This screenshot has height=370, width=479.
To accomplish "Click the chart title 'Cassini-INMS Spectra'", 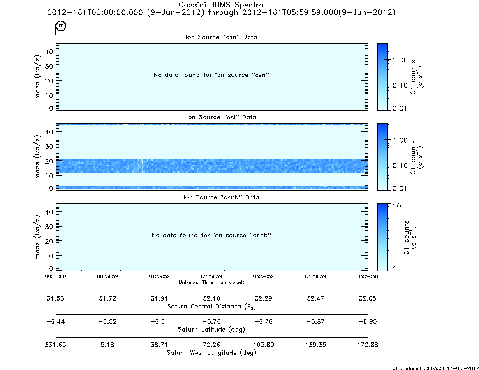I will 221,5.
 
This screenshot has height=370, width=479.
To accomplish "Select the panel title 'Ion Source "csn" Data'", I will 221,37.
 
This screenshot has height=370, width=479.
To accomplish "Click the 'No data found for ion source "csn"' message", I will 212,75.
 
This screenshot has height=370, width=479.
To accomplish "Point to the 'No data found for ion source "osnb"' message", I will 212,235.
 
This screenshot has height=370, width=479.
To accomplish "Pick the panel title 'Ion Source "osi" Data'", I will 221,117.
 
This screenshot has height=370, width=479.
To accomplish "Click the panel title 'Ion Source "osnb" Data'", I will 221,197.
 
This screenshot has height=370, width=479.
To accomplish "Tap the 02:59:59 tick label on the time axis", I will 211,276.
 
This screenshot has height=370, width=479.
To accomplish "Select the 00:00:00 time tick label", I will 56,276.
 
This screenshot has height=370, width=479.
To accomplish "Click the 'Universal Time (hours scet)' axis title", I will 211,282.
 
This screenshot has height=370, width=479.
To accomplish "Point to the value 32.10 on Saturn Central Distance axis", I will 211,298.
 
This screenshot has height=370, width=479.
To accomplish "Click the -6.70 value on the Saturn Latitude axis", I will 211,321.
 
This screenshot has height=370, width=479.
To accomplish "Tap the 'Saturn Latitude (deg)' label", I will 211,329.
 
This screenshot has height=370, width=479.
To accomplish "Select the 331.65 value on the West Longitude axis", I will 56,344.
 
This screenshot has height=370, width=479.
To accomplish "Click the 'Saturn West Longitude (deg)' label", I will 211,353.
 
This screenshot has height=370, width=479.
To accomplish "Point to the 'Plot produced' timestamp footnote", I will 433,368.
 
